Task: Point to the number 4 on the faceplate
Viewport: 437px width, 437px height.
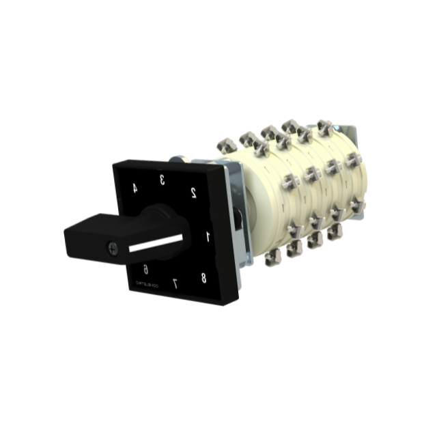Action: (135, 189)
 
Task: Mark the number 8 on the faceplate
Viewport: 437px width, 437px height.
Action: (203, 277)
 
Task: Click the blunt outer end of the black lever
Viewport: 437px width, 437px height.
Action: (70, 240)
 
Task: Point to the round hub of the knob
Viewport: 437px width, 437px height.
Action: (164, 218)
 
